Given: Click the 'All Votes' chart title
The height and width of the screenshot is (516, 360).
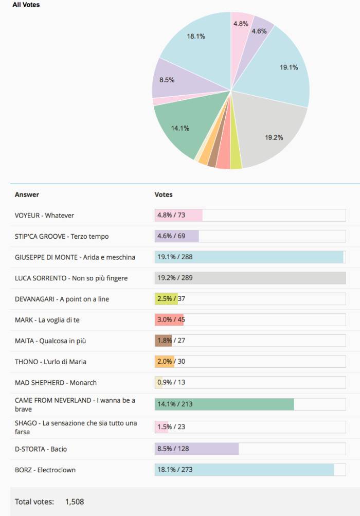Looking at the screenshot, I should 26,5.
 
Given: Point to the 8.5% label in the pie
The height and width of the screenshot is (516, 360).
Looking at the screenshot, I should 167,80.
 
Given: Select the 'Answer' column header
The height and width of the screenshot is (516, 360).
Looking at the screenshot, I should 27,194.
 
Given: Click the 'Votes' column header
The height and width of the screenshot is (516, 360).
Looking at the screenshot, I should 164,194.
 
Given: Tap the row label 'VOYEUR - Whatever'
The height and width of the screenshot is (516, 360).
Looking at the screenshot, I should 44,215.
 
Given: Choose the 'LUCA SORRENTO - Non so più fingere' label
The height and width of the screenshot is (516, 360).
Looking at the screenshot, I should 71,278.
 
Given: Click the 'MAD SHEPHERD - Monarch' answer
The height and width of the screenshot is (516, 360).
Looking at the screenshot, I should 56,382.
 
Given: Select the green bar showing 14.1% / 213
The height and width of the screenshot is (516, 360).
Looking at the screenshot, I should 224,404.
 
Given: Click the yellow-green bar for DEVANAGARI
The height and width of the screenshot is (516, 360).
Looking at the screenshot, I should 166,299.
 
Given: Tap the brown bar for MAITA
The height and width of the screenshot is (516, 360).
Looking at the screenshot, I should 163,341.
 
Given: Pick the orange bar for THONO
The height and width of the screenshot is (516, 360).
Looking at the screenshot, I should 164,362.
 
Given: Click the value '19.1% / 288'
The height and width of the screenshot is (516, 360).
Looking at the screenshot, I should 175,257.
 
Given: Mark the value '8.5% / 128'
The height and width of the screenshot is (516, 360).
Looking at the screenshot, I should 173,449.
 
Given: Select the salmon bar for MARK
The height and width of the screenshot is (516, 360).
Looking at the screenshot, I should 169,320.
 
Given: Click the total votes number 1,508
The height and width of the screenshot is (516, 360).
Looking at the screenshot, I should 75,501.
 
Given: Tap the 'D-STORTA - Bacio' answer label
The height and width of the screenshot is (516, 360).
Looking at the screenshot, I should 41,449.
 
